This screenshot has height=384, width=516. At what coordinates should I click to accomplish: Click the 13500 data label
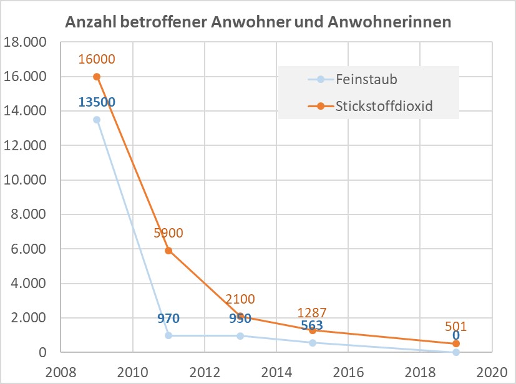[x=97, y=102]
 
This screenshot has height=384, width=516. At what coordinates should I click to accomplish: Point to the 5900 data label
[x=168, y=233]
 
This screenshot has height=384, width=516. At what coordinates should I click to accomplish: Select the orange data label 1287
[x=312, y=312]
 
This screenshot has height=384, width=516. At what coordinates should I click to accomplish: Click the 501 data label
[x=456, y=326]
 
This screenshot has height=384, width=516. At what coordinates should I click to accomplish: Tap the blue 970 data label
[x=168, y=319]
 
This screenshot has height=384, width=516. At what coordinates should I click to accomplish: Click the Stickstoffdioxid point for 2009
[x=97, y=77]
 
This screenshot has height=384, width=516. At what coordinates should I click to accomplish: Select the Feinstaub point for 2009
[x=97, y=120]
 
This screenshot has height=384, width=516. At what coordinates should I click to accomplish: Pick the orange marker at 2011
[x=168, y=251]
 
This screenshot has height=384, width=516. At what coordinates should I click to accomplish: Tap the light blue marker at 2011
[x=168, y=335]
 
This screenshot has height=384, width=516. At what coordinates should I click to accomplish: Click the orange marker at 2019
[x=456, y=343]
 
